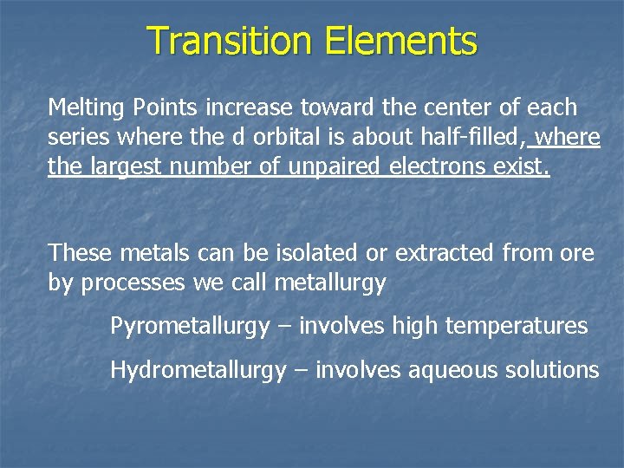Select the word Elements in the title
click(x=401, y=41)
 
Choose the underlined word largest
click(x=124, y=166)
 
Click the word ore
click(x=578, y=253)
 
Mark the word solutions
click(x=549, y=371)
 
